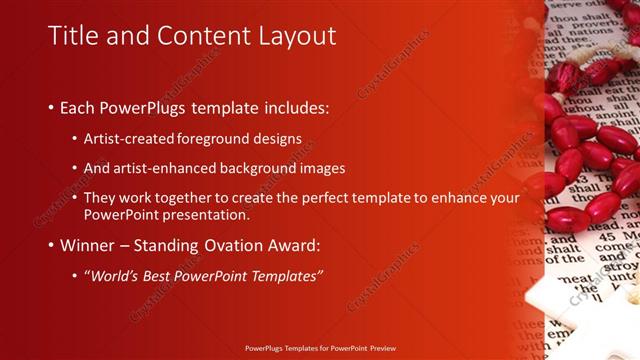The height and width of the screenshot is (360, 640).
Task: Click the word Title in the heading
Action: click(74, 36)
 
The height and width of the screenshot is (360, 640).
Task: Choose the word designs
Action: click(277, 139)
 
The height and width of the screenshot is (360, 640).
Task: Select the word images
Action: click(318, 168)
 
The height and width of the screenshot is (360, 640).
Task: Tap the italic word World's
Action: click(118, 276)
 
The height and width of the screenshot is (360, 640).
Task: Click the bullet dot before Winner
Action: click(50, 246)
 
